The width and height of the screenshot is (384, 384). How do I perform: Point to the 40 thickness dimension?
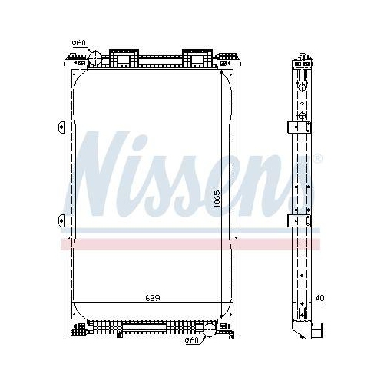click(x=319, y=298)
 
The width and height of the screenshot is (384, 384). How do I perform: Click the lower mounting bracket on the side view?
click(x=298, y=220)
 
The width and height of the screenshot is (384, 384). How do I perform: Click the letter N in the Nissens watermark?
click(x=101, y=174)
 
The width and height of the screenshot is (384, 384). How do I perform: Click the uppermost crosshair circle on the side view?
click(x=302, y=87)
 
